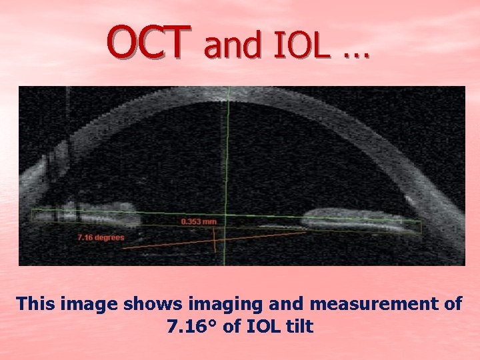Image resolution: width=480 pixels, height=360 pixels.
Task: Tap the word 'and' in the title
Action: [x=232, y=45]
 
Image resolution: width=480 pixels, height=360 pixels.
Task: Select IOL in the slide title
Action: [x=299, y=45]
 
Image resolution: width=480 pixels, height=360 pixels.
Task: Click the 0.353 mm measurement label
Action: [x=199, y=221]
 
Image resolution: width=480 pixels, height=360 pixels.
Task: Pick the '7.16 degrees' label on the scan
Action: [x=100, y=237]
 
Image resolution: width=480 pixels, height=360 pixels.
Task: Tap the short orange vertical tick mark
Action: [x=214, y=240]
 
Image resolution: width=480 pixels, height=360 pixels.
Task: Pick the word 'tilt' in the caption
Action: [x=299, y=327]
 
